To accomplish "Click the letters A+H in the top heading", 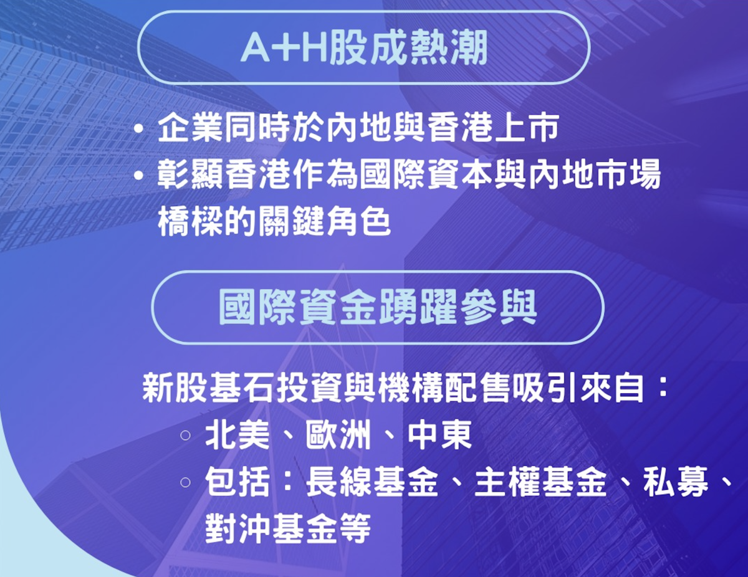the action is [284, 48].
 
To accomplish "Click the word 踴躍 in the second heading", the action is [418, 307].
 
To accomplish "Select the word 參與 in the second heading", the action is [498, 307].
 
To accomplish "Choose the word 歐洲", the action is [338, 436].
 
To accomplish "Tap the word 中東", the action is [439, 436].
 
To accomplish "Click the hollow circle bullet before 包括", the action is [185, 483].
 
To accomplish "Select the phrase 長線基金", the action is [372, 482].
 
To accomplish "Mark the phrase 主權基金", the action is [540, 482].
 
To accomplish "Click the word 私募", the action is [676, 482].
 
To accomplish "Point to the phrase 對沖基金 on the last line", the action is [271, 529].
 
